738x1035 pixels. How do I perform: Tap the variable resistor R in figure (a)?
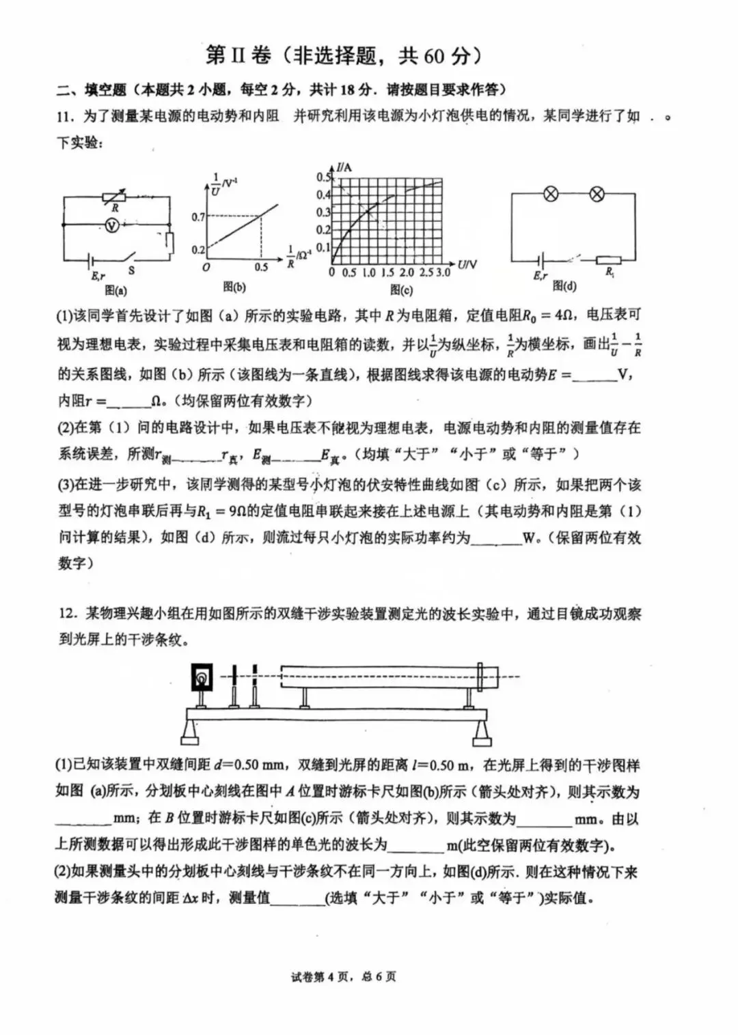point(115,197)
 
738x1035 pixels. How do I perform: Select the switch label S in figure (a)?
point(131,270)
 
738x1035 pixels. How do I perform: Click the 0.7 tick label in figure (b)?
point(198,217)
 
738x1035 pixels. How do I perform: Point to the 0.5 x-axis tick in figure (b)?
point(261,267)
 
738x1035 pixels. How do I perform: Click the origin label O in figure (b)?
point(206,268)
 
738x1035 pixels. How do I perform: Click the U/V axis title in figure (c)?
point(467,264)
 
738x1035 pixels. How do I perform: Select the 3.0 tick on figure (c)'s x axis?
point(443,272)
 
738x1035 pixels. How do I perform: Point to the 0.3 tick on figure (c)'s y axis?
point(323,212)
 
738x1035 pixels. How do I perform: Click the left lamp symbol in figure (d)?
point(551,194)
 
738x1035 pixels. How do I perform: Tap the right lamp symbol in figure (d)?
point(597,194)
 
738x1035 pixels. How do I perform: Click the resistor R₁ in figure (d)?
point(607,260)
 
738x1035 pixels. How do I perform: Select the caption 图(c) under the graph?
point(401,289)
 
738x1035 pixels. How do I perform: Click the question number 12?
point(66,614)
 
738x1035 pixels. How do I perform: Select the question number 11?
point(66,116)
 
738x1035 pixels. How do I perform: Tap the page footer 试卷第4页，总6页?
point(343,977)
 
